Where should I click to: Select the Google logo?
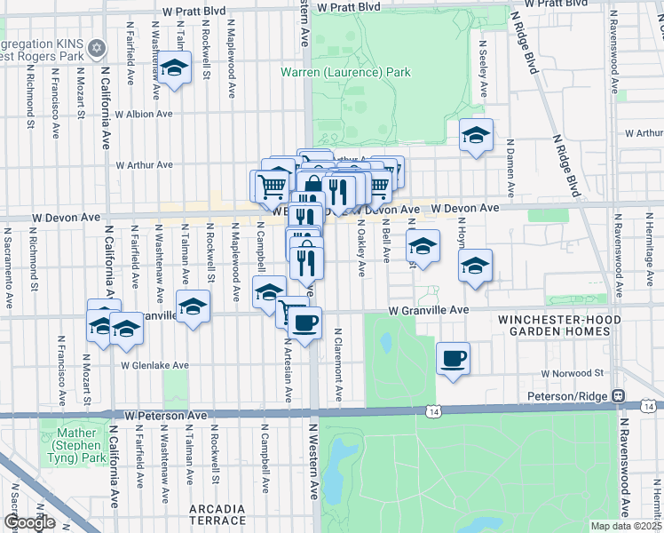pyautogui.click(x=29, y=522)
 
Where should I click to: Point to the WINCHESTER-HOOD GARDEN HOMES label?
pyautogui.click(x=554, y=325)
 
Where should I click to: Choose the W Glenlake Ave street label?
pyautogui.click(x=155, y=365)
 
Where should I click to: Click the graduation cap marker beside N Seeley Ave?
pyautogui.click(x=476, y=136)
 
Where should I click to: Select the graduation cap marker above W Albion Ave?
pyautogui.click(x=175, y=68)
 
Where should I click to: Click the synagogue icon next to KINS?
pyautogui.click(x=98, y=47)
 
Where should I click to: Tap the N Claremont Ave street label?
pyautogui.click(x=338, y=364)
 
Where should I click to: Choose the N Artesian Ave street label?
pyautogui.click(x=288, y=368)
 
